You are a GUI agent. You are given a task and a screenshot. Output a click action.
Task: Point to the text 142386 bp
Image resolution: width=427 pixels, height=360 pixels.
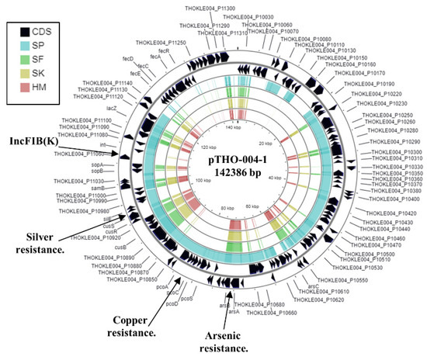pos(220,175)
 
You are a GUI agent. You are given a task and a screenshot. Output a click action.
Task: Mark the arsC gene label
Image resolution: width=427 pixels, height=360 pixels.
pos(313,286)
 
